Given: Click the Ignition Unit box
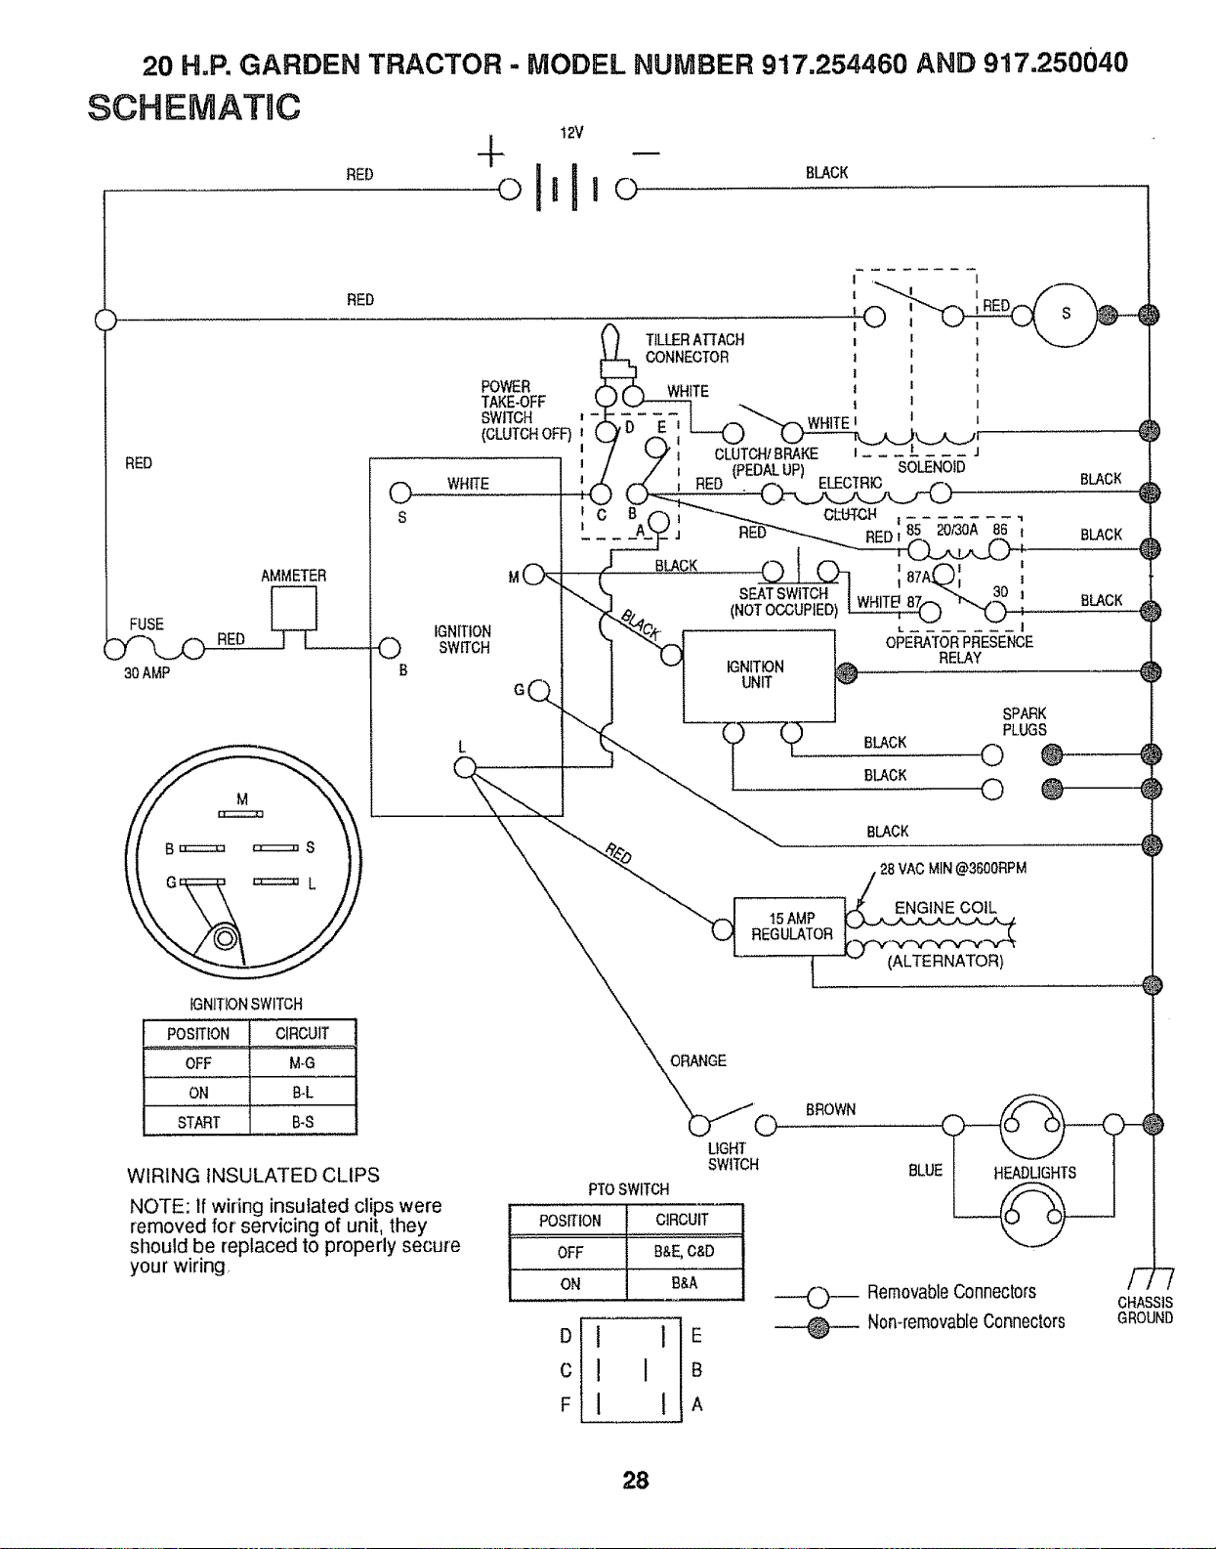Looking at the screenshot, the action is click(x=759, y=675).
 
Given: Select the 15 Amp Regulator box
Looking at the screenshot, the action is click(x=790, y=925).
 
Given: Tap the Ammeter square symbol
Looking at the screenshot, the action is click(x=293, y=608).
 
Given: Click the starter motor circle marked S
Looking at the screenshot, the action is click(x=1065, y=315).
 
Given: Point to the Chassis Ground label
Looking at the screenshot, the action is click(x=1145, y=1310).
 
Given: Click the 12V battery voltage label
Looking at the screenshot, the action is click(x=571, y=133).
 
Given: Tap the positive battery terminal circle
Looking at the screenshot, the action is click(x=510, y=190).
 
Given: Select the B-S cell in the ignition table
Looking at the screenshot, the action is click(x=303, y=1121).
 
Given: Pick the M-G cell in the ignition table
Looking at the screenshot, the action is click(x=303, y=1063).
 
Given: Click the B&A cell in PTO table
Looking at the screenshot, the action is click(x=685, y=1283).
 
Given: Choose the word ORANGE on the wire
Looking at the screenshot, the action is click(x=698, y=1060).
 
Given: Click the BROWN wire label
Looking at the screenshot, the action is click(x=830, y=1109).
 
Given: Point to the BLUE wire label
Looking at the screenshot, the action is click(x=925, y=1170).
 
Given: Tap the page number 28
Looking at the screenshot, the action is click(x=636, y=1481).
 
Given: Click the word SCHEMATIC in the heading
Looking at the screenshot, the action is click(x=193, y=108).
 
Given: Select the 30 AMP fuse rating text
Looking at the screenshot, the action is click(x=147, y=673).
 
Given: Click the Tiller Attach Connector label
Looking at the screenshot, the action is click(x=694, y=349).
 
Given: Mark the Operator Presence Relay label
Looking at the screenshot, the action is click(x=959, y=650).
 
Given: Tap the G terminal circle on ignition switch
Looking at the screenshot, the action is click(x=539, y=690).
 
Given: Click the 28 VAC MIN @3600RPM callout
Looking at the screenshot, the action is click(x=953, y=868).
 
